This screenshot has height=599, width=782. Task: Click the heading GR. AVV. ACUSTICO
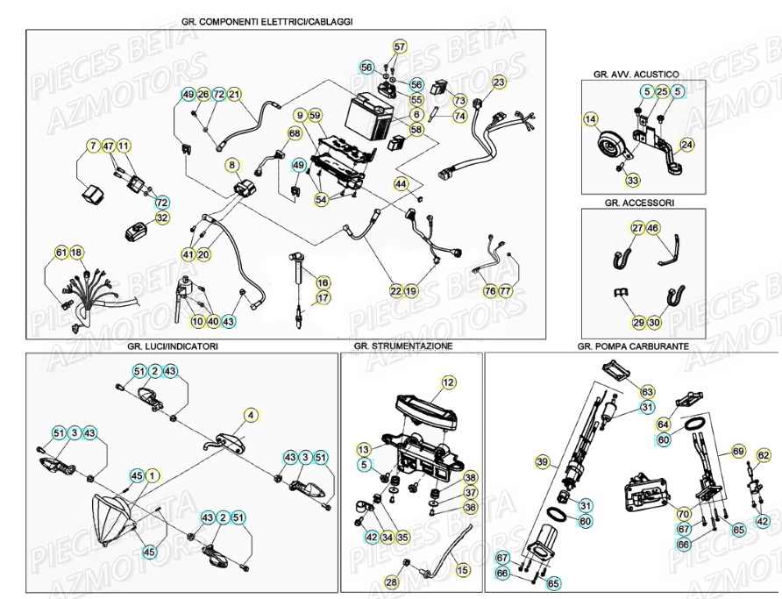tap(642, 75)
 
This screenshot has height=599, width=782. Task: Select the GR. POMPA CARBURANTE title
tap(633, 346)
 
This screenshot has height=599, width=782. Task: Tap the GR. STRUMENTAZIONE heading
tap(403, 346)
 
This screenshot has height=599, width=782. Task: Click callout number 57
tap(400, 46)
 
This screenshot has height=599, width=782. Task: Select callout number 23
tap(499, 82)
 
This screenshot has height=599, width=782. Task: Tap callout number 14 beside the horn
tap(591, 118)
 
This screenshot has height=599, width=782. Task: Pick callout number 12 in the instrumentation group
tap(448, 382)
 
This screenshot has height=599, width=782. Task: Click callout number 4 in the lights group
tap(250, 415)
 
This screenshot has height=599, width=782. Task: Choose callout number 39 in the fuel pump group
tap(542, 461)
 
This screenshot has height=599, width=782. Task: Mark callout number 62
tap(763, 455)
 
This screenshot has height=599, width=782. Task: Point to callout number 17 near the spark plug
tap(323, 298)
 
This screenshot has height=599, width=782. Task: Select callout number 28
tap(391, 581)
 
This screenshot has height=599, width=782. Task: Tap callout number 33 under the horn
tap(633, 181)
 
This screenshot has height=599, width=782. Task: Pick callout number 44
tap(401, 184)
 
